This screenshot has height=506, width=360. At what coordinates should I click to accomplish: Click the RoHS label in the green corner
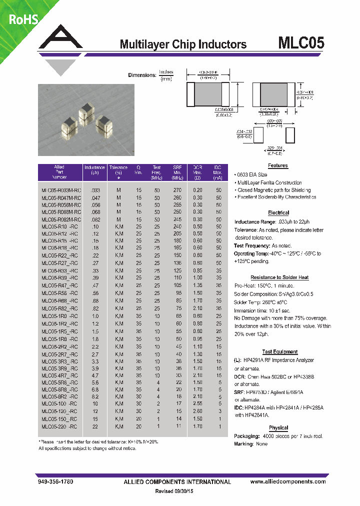[21, 19]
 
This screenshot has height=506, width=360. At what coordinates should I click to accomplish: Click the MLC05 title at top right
[301, 43]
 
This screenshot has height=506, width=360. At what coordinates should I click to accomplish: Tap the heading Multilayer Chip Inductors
[183, 44]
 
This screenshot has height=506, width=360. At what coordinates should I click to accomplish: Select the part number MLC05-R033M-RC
[59, 190]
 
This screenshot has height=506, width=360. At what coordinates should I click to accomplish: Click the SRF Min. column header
[177, 172]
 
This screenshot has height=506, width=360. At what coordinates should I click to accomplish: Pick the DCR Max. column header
[197, 172]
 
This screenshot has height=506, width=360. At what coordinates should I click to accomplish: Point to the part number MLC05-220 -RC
[59, 426]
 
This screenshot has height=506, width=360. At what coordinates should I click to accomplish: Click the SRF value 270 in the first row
[177, 190]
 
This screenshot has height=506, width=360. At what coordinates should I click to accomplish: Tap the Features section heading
[278, 165]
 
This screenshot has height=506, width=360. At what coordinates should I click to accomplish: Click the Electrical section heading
[278, 213]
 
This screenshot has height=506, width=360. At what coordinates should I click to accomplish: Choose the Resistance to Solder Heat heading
[279, 277]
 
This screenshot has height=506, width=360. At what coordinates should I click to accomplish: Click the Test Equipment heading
[279, 352]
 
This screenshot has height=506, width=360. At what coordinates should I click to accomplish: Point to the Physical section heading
[278, 428]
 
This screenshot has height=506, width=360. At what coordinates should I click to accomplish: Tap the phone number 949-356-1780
[55, 482]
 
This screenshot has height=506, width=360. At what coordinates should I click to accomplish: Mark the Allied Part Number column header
[59, 172]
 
